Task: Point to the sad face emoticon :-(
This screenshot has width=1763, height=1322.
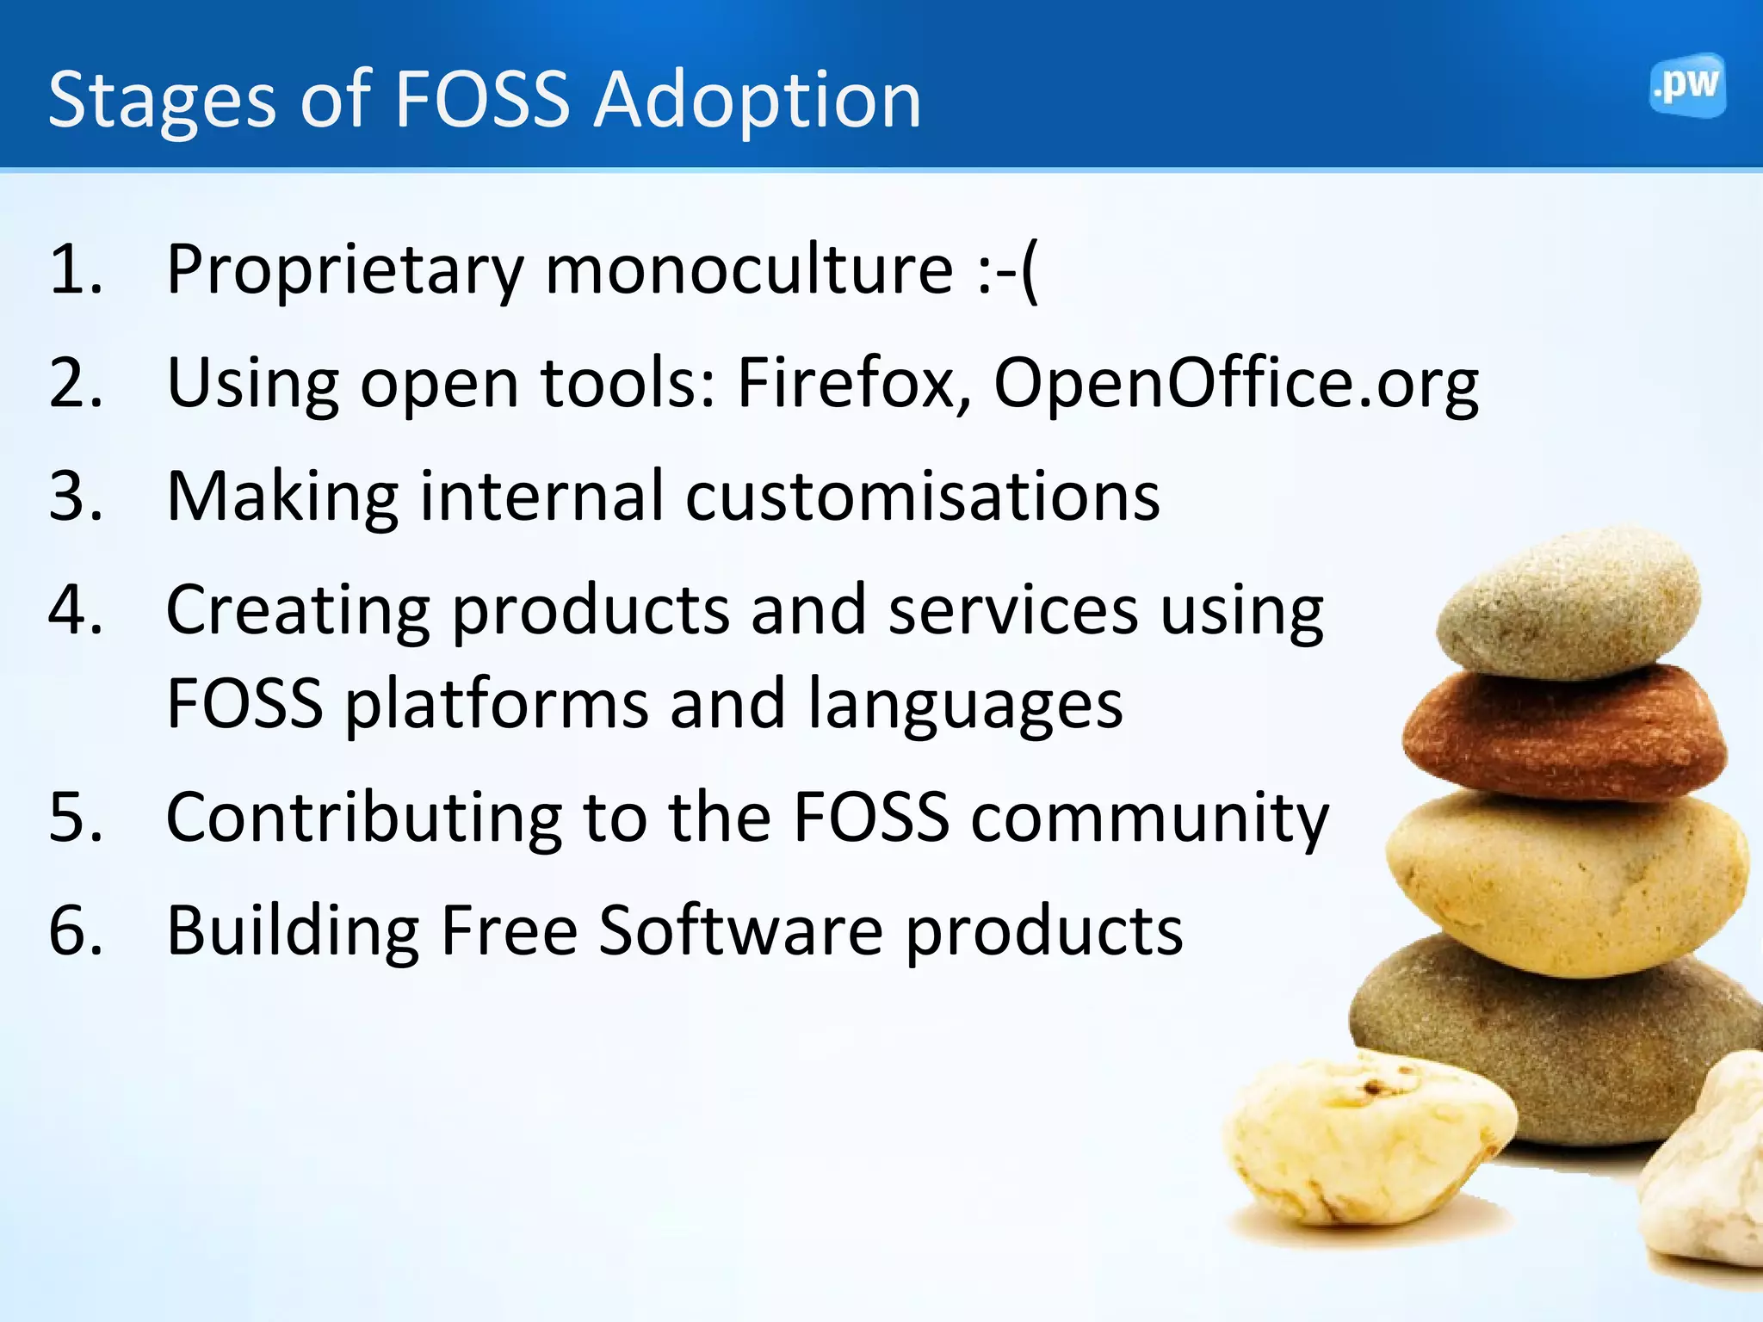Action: point(1008,270)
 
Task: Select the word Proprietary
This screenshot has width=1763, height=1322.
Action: point(344,272)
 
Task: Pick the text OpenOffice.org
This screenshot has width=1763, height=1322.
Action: point(1235,384)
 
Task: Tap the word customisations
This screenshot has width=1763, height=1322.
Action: point(922,497)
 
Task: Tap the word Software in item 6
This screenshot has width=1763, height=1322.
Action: point(740,931)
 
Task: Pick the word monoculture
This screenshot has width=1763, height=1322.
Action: point(749,270)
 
